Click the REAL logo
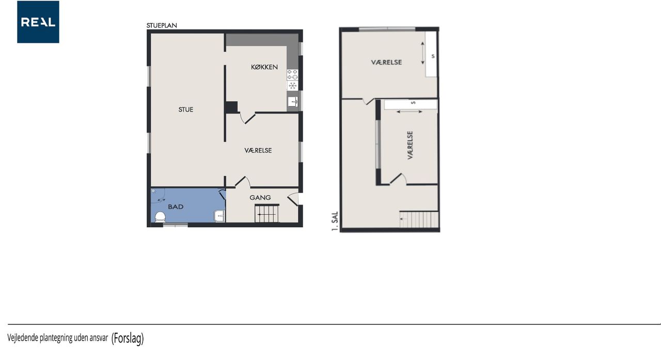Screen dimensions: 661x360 click(38, 22)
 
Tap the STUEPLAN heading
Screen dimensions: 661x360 click(162, 26)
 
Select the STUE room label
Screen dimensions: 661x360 click(186, 109)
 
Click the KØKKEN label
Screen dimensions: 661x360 click(264, 67)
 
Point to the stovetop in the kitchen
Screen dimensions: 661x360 click(292, 75)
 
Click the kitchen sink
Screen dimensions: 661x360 click(293, 102)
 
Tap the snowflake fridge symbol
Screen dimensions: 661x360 click(292, 86)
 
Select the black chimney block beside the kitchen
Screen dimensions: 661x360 click(232, 107)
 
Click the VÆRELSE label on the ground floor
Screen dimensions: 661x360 click(258, 150)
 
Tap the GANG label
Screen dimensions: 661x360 click(260, 198)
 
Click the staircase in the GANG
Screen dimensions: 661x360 click(267, 214)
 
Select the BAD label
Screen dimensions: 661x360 click(176, 207)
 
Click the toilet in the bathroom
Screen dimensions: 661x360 click(160, 216)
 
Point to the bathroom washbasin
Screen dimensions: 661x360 click(219, 216)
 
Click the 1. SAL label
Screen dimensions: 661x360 click(335, 221)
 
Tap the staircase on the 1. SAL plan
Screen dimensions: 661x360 click(419, 219)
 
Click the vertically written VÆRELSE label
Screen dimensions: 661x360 click(410, 145)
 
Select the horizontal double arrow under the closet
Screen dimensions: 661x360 click(410, 112)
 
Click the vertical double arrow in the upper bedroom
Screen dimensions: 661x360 click(422, 53)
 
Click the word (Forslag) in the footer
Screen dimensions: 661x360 click(128, 338)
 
